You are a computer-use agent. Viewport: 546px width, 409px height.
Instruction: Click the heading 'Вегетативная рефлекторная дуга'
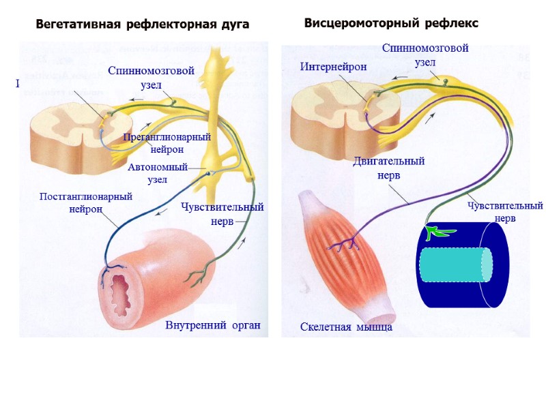[143, 25]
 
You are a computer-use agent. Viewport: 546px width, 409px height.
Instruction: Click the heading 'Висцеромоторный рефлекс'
[391, 23]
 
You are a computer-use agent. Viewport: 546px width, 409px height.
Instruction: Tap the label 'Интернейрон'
[334, 67]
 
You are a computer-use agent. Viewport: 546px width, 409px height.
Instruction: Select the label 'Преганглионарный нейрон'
[167, 143]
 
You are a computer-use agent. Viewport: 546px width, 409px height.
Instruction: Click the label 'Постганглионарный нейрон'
[86, 202]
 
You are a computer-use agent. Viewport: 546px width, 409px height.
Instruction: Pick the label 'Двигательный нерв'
[389, 168]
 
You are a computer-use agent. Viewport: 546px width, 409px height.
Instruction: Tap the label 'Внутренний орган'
[213, 324]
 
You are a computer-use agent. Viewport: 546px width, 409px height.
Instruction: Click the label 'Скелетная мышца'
[346, 327]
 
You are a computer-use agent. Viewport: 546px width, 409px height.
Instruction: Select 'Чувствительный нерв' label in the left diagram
[222, 214]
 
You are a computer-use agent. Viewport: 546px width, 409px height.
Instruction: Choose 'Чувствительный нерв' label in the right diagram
[505, 211]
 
